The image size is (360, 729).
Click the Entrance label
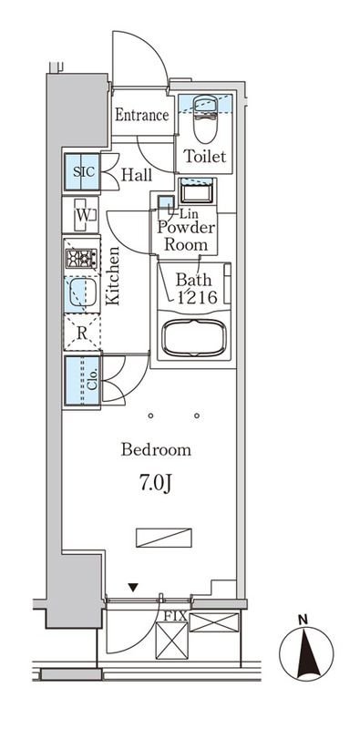tap(142, 115)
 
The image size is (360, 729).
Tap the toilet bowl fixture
tap(205, 119)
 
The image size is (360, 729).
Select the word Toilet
tap(205, 156)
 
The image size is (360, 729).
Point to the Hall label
tap(137, 175)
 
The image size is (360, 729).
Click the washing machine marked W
tap(84, 215)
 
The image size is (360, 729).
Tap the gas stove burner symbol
tap(81, 259)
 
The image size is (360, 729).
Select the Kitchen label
tap(112, 276)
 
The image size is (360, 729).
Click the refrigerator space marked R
tap(82, 333)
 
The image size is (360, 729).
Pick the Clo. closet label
tap(92, 379)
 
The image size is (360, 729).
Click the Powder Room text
tap(186, 236)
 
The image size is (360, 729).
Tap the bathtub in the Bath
tap(195, 338)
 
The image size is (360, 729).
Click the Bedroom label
tap(156, 450)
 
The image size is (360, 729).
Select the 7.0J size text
tap(156, 484)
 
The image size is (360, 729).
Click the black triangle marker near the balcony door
tap(133, 588)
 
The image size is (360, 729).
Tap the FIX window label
tap(175, 617)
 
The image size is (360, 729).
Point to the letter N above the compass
tap(303, 620)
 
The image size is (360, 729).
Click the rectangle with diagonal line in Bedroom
tap(164, 538)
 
